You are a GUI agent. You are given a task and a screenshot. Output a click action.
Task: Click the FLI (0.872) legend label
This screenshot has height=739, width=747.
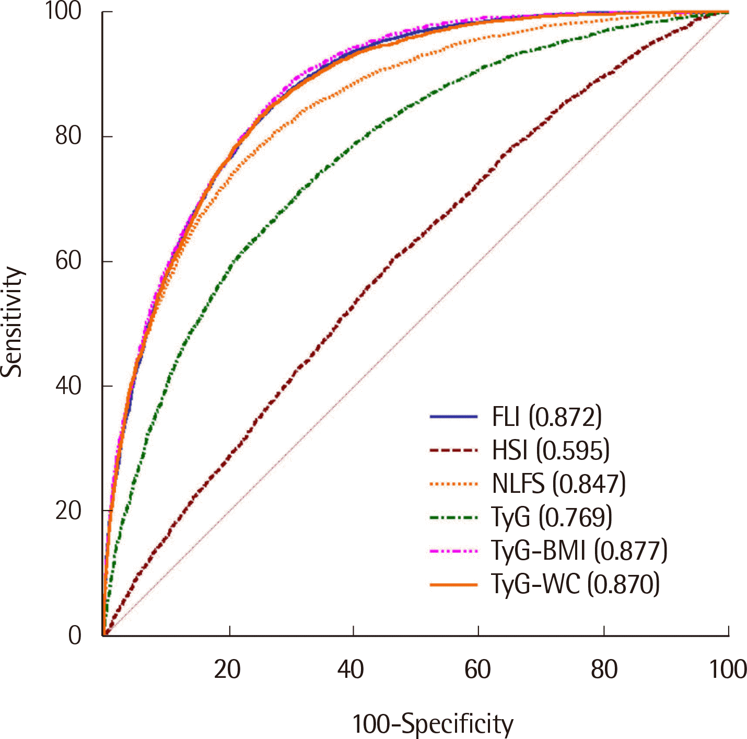coord(546,417)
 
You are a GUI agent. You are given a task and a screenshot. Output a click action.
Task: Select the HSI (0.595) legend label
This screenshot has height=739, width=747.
coord(551,451)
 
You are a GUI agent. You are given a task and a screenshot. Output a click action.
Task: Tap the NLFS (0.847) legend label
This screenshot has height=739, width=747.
coord(558,484)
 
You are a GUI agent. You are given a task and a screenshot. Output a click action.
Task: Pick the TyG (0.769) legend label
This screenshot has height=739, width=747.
coord(552,517)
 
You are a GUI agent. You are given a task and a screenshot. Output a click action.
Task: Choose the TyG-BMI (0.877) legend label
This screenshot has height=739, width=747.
coord(579,551)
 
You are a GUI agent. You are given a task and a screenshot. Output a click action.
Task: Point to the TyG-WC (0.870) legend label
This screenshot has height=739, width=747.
coord(575,584)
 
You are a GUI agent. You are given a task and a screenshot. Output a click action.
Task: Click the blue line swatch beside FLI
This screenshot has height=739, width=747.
coord(453,417)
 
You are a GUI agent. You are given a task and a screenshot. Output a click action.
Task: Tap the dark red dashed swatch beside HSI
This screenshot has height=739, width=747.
coord(453,450)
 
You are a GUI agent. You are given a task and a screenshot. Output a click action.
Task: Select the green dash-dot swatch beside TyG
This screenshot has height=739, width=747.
coord(453,517)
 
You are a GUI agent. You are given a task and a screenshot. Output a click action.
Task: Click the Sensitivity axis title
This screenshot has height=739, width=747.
coord(12,322)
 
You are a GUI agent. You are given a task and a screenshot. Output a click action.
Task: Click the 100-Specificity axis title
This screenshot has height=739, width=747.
coord(433,724)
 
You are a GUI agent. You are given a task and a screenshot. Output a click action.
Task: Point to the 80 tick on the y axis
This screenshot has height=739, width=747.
coord(68,136)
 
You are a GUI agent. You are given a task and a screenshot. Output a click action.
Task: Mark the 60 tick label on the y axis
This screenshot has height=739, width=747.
coord(68,261)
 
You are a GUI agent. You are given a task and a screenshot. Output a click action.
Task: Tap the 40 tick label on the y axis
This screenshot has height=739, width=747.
coord(68,386)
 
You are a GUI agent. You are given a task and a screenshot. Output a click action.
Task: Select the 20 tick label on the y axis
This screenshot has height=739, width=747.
coord(68,511)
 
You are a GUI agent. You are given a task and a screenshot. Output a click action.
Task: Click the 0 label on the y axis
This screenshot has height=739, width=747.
coord(75,636)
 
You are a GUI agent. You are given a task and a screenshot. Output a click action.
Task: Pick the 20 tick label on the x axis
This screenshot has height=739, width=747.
coord(227,669)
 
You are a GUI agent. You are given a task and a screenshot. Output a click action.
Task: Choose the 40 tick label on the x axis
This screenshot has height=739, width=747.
coord(351,669)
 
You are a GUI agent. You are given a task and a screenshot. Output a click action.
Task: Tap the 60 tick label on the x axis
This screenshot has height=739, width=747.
coord(477,669)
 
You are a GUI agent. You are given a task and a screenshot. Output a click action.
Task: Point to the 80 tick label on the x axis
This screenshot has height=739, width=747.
coord(604,669)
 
